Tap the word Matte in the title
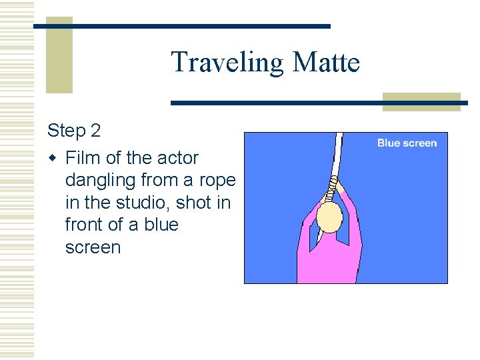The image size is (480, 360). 326,62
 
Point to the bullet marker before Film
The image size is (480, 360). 53,159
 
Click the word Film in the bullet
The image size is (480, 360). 83,158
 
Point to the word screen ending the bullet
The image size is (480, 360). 93,247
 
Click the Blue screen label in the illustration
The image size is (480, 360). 407,143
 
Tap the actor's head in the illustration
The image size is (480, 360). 329,217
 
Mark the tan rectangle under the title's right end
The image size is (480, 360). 421,101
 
